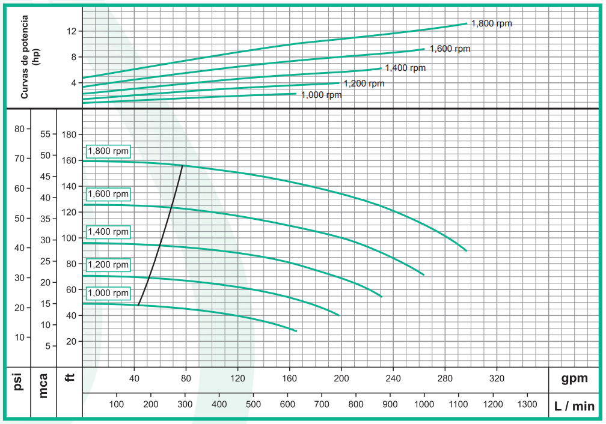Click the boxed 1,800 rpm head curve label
[108, 151]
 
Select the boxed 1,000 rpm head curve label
[108, 293]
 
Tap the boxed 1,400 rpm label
[108, 232]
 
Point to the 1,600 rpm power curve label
[450, 49]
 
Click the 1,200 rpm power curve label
[364, 83]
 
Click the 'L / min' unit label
[575, 407]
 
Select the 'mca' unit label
[43, 384]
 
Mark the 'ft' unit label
[69, 379]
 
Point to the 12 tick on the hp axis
[72, 31]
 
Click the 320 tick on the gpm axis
[497, 378]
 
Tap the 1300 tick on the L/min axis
[527, 404]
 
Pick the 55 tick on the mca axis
[45, 134]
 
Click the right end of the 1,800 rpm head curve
[466, 250]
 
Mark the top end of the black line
[182, 165]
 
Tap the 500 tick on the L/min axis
[253, 404]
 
